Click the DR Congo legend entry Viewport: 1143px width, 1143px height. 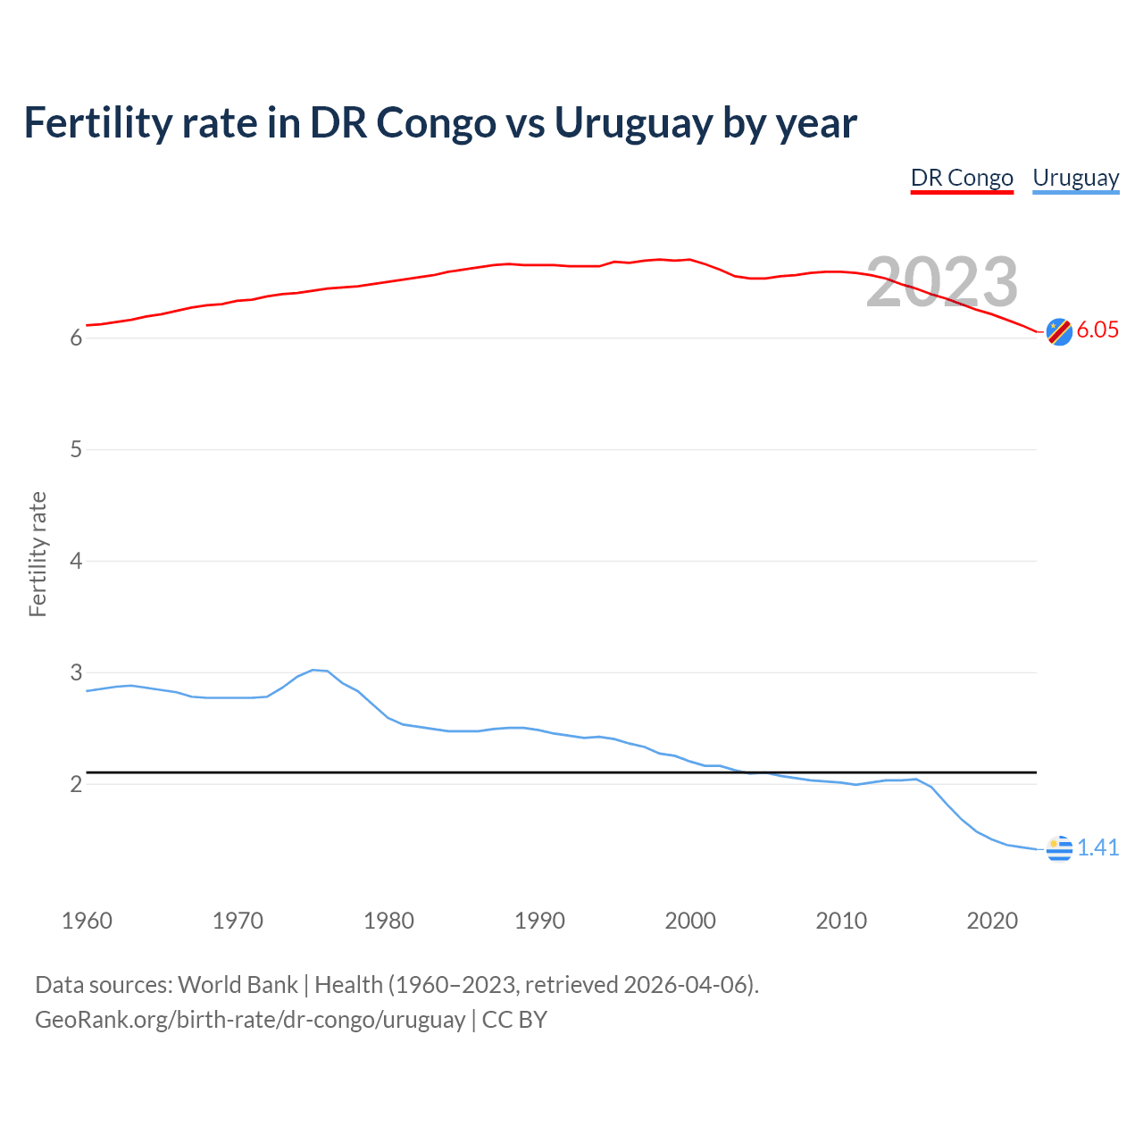pos(962,178)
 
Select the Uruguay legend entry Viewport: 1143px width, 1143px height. pos(1075,178)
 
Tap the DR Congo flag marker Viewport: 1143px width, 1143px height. pos(1059,331)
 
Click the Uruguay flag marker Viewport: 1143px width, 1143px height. pos(1059,848)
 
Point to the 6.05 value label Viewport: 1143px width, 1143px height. pos(1097,330)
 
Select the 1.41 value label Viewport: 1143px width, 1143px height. pos(1097,847)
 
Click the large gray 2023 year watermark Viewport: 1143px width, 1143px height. pos(942,282)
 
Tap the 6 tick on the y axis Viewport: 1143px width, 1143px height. pos(76,338)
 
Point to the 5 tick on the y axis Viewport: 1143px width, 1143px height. pos(76,449)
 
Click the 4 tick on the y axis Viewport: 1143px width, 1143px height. pos(76,561)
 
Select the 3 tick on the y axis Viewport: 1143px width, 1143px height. pos(76,672)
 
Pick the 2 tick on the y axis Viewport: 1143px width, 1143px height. pos(76,784)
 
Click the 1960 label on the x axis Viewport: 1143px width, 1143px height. pos(87,921)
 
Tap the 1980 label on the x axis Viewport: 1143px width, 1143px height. pos(388,921)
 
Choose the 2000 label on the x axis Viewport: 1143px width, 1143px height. pos(690,921)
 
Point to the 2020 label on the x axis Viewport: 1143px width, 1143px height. pos(992,921)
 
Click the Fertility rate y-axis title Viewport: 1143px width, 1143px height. pos(38,554)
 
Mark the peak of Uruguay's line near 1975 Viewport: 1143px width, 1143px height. pos(313,670)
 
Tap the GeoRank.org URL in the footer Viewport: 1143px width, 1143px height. pos(250,1020)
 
